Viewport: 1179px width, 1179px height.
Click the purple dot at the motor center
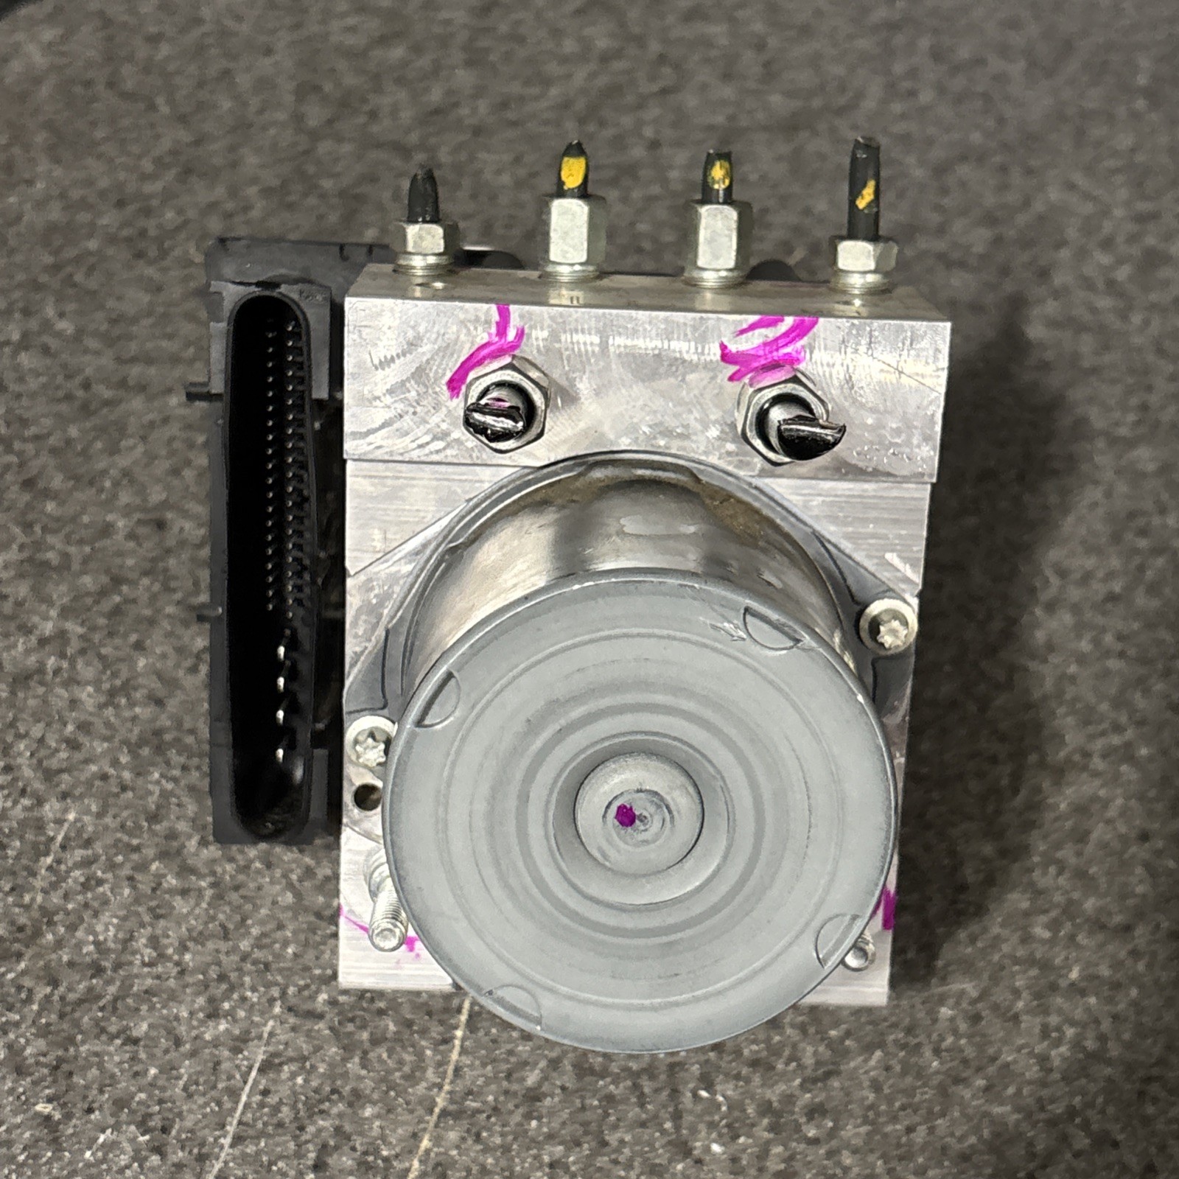624,814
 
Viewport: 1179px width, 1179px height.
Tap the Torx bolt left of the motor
368,744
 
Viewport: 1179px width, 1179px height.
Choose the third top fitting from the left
718,236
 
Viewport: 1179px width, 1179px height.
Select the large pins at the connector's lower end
280,700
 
